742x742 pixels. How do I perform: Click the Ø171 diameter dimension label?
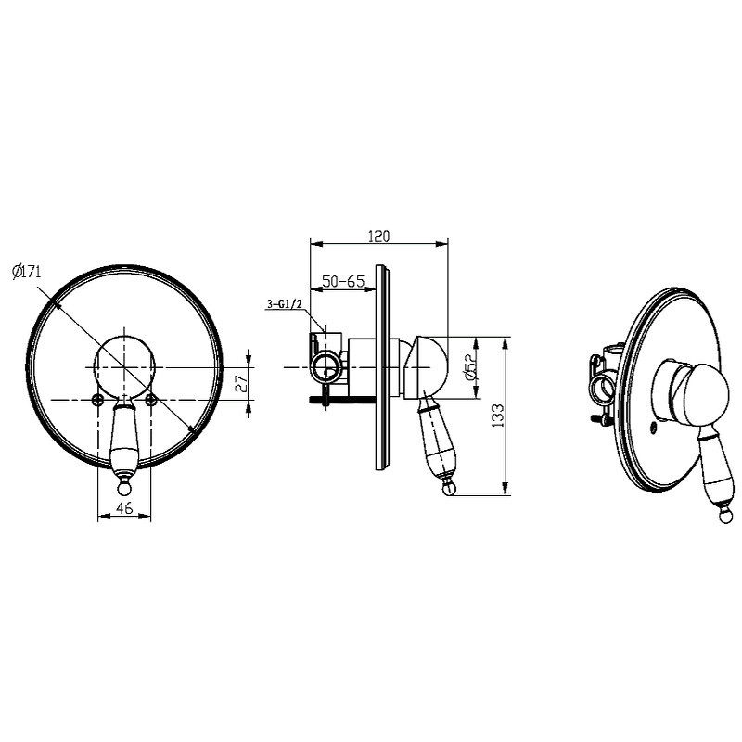tap(27, 272)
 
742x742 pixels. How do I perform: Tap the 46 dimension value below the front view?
tap(124, 507)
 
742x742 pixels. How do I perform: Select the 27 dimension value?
tap(241, 383)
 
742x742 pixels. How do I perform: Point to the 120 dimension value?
tap(378, 236)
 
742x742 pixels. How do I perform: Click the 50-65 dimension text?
tap(343, 281)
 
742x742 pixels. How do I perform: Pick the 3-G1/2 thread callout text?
tap(284, 304)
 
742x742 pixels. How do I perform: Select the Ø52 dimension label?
tap(469, 367)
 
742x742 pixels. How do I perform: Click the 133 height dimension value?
tap(497, 416)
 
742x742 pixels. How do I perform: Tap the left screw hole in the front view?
tap(98, 400)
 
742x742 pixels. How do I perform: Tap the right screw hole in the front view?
tap(150, 400)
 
